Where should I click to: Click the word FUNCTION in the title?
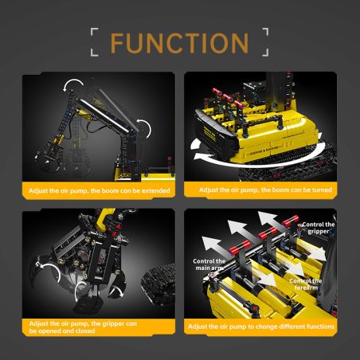pos(179,42)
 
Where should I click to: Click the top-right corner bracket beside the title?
pos(265,33)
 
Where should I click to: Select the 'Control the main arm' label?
pos(209,265)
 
